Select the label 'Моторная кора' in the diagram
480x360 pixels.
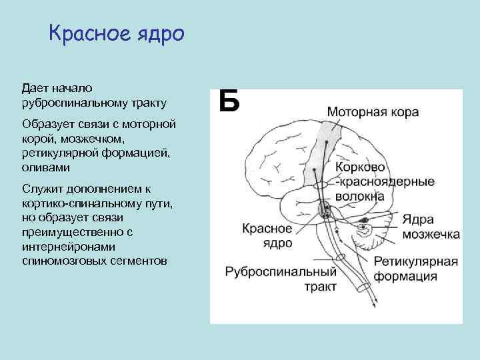click(x=373, y=112)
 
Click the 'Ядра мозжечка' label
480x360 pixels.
click(x=430, y=227)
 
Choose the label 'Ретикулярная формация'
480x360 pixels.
click(x=415, y=268)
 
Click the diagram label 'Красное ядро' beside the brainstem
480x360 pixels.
click(x=267, y=235)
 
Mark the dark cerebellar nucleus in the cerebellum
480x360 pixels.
click(x=365, y=220)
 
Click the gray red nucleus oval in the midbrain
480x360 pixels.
click(x=325, y=210)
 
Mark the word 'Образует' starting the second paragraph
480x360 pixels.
click(x=46, y=125)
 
